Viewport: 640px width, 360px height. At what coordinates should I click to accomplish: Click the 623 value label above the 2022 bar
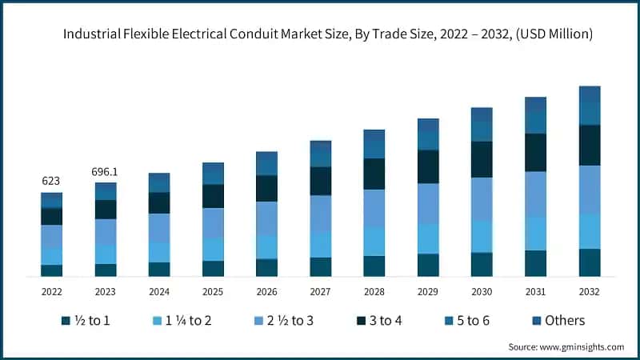pos(52,182)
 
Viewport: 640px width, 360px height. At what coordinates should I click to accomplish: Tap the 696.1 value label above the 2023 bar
pos(106,172)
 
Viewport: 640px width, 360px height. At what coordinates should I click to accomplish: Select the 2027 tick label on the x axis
pos(320,291)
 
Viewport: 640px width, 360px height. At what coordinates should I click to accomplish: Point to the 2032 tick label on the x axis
pos(590,291)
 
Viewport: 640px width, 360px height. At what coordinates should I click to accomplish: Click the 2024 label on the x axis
pos(159,291)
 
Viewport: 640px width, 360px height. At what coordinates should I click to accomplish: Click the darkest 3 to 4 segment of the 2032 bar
pos(590,145)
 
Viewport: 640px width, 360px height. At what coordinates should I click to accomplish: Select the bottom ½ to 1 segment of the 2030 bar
pos(482,264)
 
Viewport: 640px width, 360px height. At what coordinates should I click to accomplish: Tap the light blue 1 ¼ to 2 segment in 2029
pos(428,238)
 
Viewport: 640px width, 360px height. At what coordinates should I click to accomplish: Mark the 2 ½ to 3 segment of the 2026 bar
pos(266,218)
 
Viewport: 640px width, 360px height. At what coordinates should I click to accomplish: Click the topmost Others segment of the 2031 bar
pos(535,104)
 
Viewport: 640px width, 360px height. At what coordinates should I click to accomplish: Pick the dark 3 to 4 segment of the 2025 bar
pos(213,196)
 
